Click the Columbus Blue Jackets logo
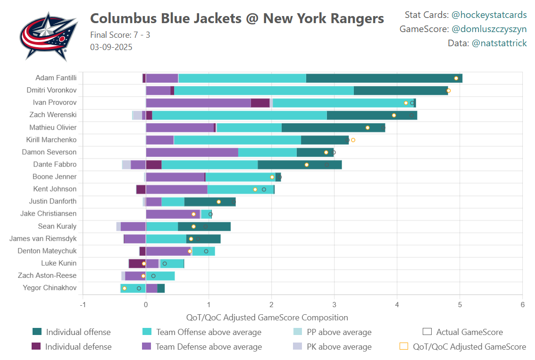click(49, 36)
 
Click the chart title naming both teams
click(237, 18)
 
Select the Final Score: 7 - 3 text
click(120, 35)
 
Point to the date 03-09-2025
click(111, 47)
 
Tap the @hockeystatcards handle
click(489, 15)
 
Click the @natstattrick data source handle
click(499, 43)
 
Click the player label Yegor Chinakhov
click(50, 288)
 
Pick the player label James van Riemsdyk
click(43, 239)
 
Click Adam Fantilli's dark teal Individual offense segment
click(384, 78)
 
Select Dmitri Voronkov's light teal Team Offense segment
click(264, 91)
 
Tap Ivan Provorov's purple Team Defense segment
click(198, 103)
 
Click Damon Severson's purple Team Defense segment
click(192, 152)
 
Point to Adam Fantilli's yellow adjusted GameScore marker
click(456, 78)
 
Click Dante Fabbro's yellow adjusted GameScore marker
click(307, 165)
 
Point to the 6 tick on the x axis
click(522, 305)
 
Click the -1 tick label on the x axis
click(83, 305)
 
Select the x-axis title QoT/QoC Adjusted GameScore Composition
click(267, 318)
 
